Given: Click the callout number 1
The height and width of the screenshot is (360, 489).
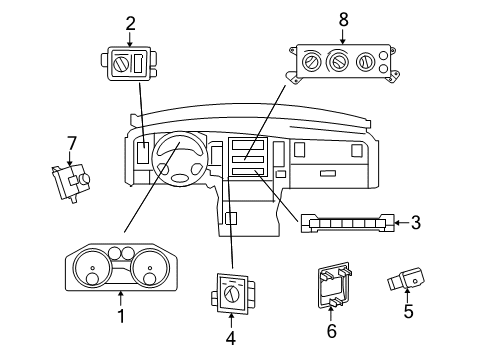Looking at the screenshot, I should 121,318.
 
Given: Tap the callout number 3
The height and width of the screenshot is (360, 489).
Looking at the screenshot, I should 415,222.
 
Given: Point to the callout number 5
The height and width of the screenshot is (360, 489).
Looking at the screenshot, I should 407,311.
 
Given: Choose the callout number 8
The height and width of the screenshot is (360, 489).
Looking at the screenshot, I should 343,19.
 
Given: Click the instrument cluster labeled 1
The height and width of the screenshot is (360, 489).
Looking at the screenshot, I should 122,267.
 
